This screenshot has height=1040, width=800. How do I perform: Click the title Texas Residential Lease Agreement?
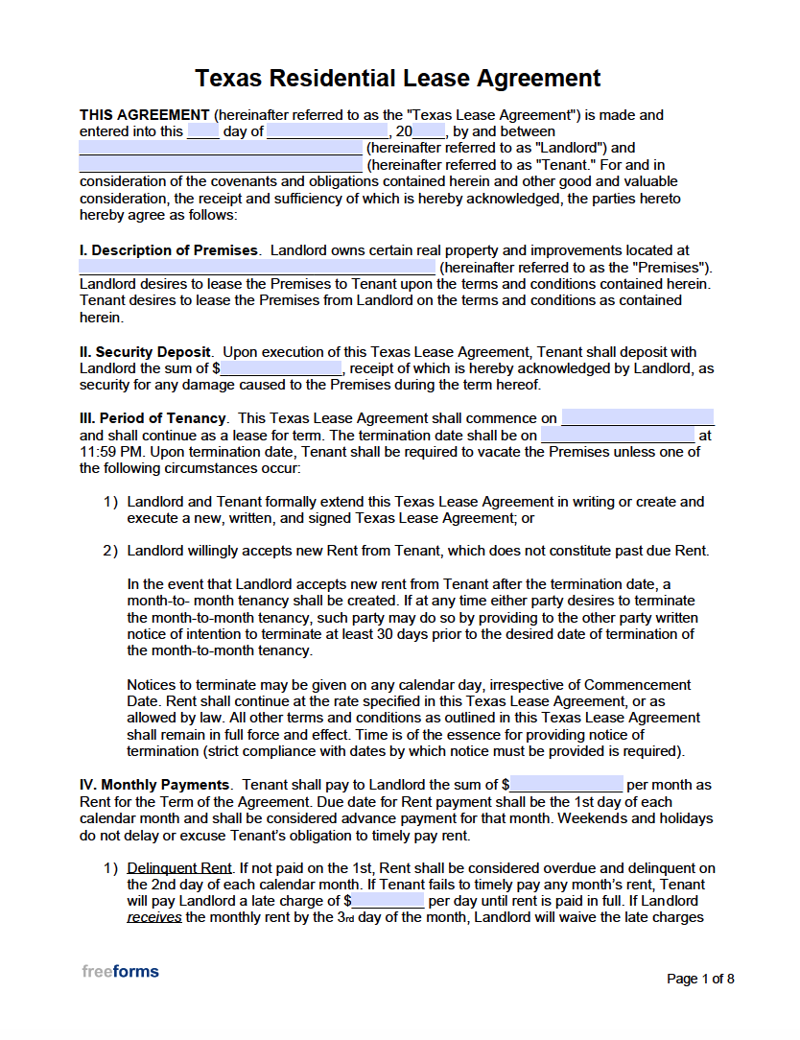pyautogui.click(x=398, y=78)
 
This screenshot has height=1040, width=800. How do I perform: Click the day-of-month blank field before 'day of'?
pyautogui.click(x=202, y=131)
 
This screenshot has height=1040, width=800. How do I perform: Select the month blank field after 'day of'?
pyautogui.click(x=327, y=131)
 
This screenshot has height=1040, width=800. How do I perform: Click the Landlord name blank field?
pyautogui.click(x=221, y=149)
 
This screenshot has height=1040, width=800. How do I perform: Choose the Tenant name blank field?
pyautogui.click(x=221, y=165)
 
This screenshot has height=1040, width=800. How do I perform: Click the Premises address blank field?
pyautogui.click(x=257, y=267)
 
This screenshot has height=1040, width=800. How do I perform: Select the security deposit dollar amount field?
pyautogui.click(x=281, y=368)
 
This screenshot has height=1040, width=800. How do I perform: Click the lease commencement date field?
pyautogui.click(x=638, y=418)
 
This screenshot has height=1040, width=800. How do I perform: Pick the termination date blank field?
pyautogui.click(x=617, y=436)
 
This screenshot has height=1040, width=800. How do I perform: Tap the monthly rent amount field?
pyautogui.click(x=566, y=785)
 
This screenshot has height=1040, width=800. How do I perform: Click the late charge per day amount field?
pyautogui.click(x=388, y=901)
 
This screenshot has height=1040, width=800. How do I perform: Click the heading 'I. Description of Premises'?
pyautogui.click(x=169, y=250)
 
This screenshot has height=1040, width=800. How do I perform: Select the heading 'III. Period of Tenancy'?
pyautogui.click(x=153, y=418)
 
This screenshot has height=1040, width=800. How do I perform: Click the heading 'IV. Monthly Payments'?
pyautogui.click(x=154, y=785)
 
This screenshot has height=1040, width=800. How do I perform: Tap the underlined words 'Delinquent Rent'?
pyautogui.click(x=179, y=868)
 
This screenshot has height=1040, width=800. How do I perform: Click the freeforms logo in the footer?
pyautogui.click(x=120, y=971)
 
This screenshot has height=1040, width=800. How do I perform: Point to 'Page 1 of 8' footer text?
pyautogui.click(x=700, y=979)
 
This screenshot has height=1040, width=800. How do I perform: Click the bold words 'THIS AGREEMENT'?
pyautogui.click(x=144, y=115)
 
